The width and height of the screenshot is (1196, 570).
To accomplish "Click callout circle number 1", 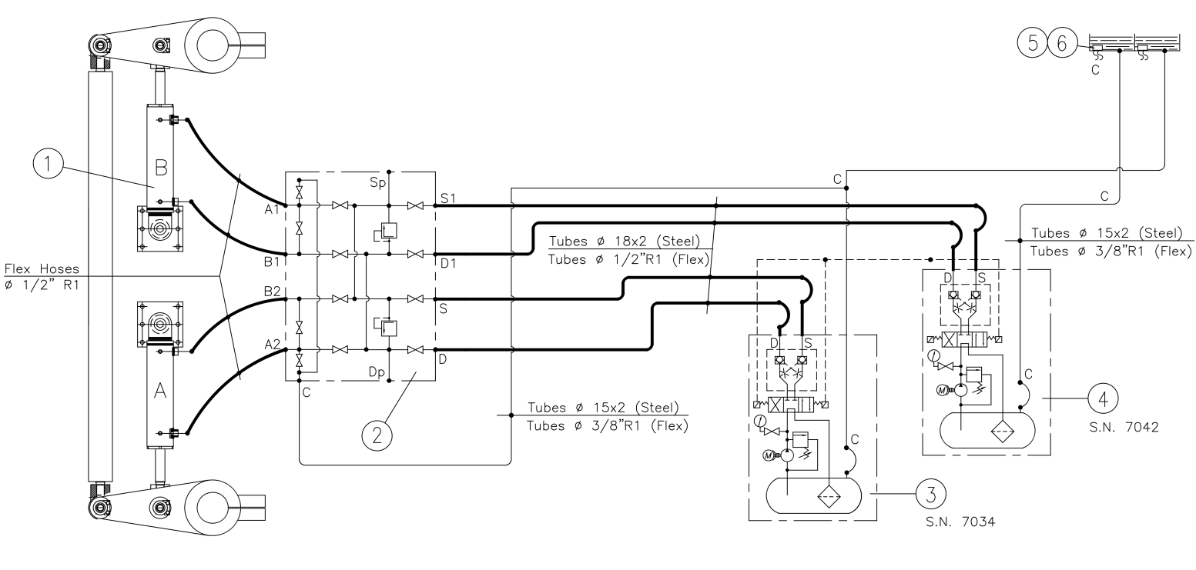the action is pyautogui.click(x=48, y=163).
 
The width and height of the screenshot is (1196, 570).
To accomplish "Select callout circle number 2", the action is pyautogui.click(x=377, y=435).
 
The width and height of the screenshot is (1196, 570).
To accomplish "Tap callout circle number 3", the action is pyautogui.click(x=930, y=495).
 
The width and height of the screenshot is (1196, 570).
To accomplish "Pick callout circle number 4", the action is pyautogui.click(x=1103, y=398).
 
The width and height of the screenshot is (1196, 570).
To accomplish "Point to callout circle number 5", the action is pyautogui.click(x=1033, y=42).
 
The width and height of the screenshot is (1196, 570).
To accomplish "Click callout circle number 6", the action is pyautogui.click(x=1062, y=42).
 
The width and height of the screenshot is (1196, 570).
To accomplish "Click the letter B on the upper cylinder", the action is pyautogui.click(x=161, y=168).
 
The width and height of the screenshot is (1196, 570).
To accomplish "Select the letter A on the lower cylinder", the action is pyautogui.click(x=160, y=391).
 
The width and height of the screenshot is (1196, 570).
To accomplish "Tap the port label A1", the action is pyautogui.click(x=272, y=209).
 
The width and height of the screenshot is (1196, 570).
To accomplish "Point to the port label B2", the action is pyautogui.click(x=272, y=291).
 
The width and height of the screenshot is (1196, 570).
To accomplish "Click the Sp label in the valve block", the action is pyautogui.click(x=377, y=183).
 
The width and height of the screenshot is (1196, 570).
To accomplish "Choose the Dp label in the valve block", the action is pyautogui.click(x=377, y=372).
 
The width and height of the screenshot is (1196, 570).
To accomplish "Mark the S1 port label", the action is pyautogui.click(x=448, y=198).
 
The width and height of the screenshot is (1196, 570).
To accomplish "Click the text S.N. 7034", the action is pyautogui.click(x=960, y=522).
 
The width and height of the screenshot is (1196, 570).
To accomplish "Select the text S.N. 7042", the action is pyautogui.click(x=1124, y=427).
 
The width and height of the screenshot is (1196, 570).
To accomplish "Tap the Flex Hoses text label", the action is pyautogui.click(x=42, y=268).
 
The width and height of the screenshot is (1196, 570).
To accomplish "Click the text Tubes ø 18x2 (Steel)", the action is pyautogui.click(x=624, y=241).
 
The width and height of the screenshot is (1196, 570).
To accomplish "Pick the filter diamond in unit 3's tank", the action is pyautogui.click(x=828, y=497).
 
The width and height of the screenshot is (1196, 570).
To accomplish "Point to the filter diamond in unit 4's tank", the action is pyautogui.click(x=1003, y=431).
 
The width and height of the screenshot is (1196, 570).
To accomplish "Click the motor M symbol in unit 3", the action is pyautogui.click(x=769, y=455).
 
